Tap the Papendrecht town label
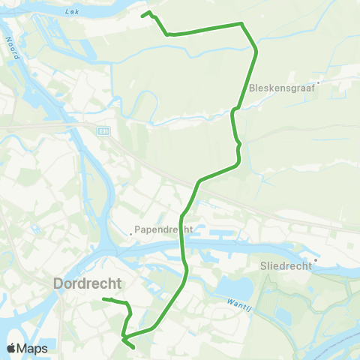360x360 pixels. [163, 229]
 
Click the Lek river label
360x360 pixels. [72, 12]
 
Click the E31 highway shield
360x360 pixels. [103, 130]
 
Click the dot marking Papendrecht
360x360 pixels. [130, 233]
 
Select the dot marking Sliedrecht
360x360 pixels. [316, 261]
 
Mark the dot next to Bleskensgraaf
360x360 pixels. [318, 82]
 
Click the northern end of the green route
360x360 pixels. [144, 13]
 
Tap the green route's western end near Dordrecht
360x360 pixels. [102, 300]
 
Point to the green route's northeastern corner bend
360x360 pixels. [242, 24]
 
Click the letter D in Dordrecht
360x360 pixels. [59, 283]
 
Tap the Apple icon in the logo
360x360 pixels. [12, 348]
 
